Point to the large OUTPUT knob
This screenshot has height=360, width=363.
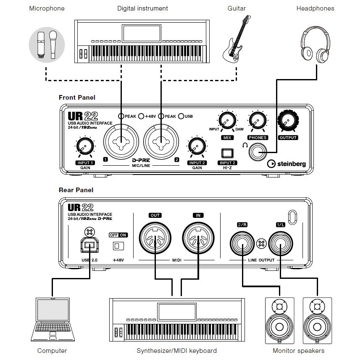287,121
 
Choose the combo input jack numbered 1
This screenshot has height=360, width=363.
122,141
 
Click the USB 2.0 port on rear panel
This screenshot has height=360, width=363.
89,245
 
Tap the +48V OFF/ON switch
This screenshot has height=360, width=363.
118,245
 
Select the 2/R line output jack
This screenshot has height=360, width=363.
242,243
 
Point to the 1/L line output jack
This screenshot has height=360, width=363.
281,243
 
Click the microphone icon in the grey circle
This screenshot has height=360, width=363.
47,44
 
